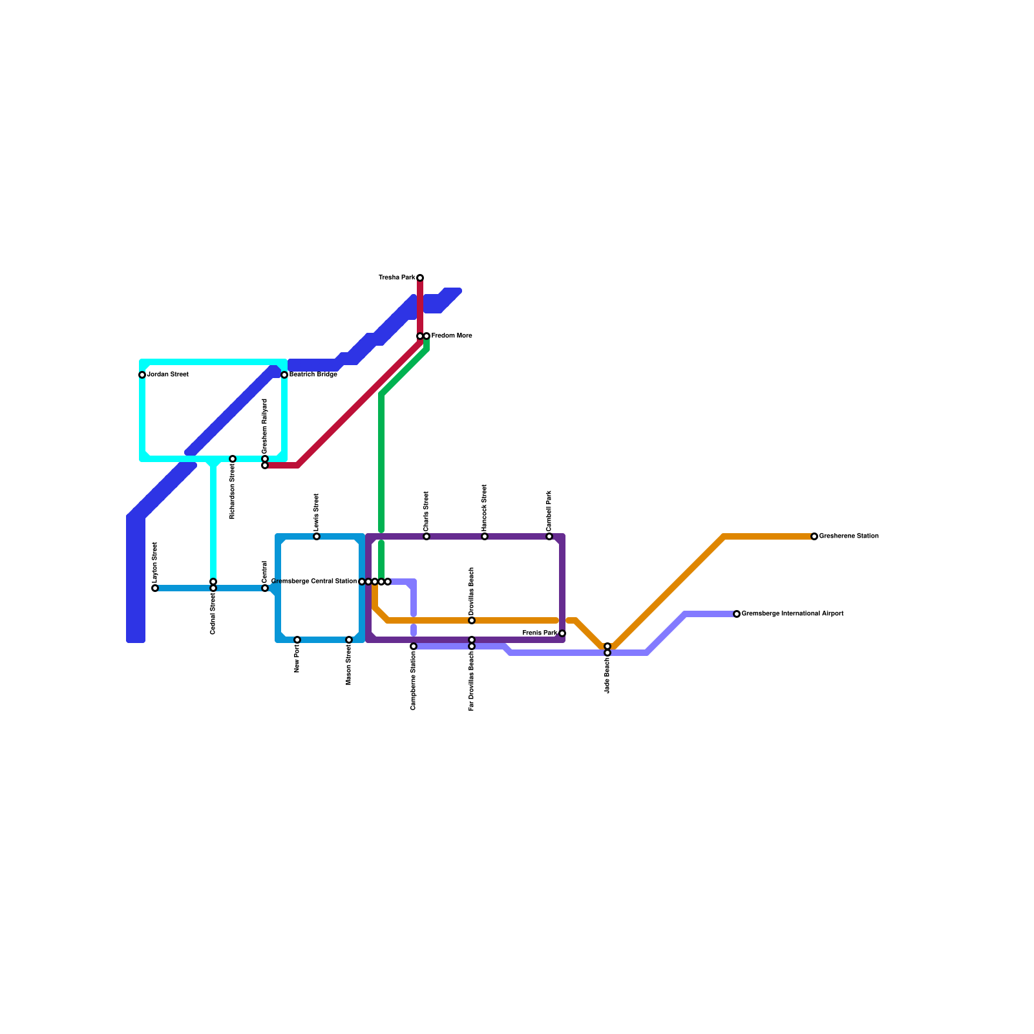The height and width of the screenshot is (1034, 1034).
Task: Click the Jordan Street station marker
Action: click(x=142, y=375)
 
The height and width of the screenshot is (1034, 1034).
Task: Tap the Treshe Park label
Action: click(x=397, y=278)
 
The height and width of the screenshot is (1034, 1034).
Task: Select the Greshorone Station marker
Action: click(x=814, y=536)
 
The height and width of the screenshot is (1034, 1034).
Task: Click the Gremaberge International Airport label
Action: click(x=792, y=614)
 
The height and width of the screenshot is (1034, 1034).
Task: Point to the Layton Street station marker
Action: click(x=155, y=588)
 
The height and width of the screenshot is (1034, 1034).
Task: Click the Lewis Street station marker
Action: click(x=317, y=536)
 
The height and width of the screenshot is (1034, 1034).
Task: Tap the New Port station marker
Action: click(x=297, y=640)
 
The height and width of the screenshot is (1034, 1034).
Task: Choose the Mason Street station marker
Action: click(x=349, y=640)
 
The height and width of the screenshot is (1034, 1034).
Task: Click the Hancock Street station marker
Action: click(x=485, y=536)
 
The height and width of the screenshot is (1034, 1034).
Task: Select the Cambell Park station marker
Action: click(x=549, y=536)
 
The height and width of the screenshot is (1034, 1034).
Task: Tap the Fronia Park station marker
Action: click(x=562, y=633)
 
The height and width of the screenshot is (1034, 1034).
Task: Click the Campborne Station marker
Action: click(x=414, y=646)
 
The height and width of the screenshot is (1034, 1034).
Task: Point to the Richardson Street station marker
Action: click(x=233, y=459)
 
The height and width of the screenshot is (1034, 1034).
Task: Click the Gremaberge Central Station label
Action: click(x=314, y=582)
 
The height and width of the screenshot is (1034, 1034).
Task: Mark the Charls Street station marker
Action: click(x=427, y=536)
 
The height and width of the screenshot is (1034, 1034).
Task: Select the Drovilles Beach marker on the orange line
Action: click(x=472, y=620)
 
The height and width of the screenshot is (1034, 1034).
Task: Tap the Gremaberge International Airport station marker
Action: click(x=737, y=614)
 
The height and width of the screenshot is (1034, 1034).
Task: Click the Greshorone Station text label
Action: click(x=849, y=536)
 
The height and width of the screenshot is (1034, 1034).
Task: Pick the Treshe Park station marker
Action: click(x=420, y=278)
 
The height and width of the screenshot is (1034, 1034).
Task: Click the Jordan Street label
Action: click(x=167, y=375)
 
